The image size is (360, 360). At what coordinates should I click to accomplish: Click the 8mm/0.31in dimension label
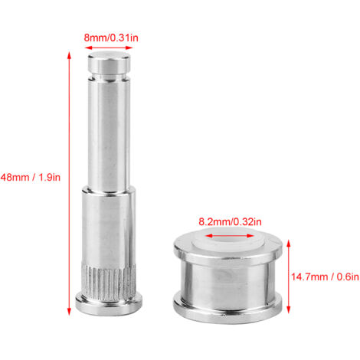click(x=111, y=38)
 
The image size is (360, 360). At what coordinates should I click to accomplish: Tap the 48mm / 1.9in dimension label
click(x=31, y=177)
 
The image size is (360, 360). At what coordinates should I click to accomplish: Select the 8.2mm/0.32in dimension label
click(x=230, y=221)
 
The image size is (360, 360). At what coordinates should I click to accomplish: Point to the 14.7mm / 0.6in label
click(x=325, y=277)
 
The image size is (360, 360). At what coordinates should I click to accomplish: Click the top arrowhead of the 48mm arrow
click(x=69, y=55)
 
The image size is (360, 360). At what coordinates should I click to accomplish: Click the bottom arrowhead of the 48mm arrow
click(x=69, y=312)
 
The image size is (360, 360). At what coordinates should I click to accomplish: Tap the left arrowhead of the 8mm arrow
click(x=88, y=47)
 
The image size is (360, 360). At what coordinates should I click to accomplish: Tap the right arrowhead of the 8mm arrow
click(x=129, y=47)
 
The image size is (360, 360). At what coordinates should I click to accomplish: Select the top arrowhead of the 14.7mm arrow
click(x=289, y=244)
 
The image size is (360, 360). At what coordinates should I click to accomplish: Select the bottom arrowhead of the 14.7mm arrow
click(x=289, y=309)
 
